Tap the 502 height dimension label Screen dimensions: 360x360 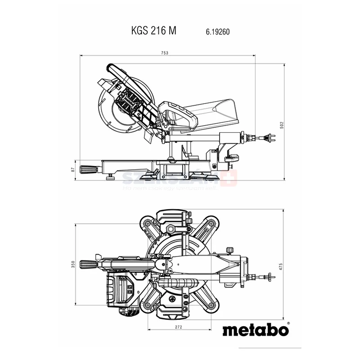click(282, 125)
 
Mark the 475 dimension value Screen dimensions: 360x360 click(282, 265)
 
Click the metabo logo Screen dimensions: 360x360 click(255, 330)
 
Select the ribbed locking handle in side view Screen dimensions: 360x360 click(89, 169)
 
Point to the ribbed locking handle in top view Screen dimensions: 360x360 click(88, 264)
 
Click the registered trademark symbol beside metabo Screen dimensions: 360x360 click(288, 323)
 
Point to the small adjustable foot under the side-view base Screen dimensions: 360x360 click(110, 177)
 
